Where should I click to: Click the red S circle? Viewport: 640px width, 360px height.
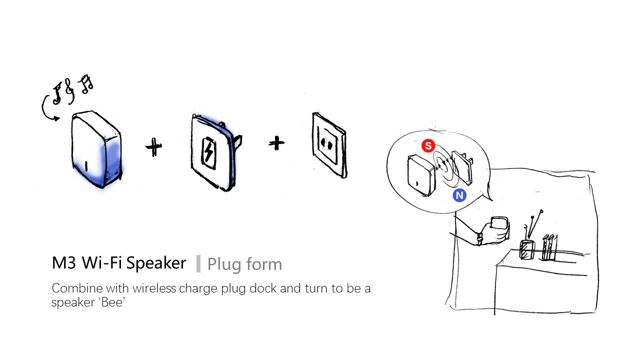tap(427, 146)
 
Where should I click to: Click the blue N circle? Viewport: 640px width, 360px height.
tap(459, 195)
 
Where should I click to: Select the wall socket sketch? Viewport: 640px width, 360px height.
tap(329, 144)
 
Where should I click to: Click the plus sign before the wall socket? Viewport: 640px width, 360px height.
tap(276, 143)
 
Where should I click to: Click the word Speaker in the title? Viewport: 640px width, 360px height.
tap(156, 263)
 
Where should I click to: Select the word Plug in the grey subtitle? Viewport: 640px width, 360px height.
tap(223, 264)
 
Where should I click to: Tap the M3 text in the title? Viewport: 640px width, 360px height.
tap(62, 263)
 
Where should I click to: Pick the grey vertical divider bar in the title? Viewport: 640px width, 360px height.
tap(198, 263)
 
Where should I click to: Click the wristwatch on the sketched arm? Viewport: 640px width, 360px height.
tap(479, 239)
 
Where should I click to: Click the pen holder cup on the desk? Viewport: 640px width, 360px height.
tap(526, 249)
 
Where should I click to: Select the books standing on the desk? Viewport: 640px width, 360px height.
tap(548, 247)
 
